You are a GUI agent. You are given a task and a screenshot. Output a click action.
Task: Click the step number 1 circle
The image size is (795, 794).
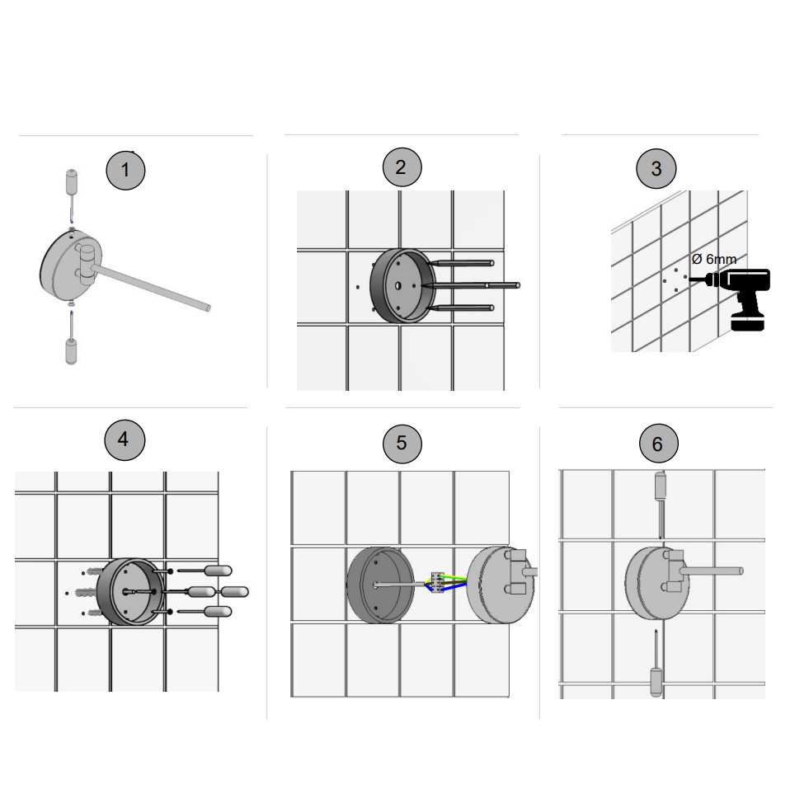click(x=125, y=171)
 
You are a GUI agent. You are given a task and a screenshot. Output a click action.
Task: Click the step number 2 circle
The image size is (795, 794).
click(x=402, y=167)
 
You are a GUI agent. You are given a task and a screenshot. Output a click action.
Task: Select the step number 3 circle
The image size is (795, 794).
click(x=656, y=168)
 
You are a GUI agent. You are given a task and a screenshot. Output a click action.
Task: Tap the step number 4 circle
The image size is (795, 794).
click(x=125, y=439)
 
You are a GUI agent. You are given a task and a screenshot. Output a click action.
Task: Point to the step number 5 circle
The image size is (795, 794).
click(x=402, y=444)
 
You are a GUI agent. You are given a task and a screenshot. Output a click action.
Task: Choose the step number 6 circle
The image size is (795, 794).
click(x=658, y=444)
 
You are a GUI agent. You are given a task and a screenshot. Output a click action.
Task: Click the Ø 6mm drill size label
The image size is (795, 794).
click(x=714, y=260)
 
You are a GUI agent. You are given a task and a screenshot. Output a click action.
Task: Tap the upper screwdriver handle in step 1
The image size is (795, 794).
click(x=72, y=181)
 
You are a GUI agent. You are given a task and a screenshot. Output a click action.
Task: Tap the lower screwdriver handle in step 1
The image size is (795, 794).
click(x=72, y=351)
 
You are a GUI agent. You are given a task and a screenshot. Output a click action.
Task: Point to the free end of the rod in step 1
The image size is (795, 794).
click(x=208, y=308)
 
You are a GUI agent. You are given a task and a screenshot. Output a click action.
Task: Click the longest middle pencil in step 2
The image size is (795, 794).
click(x=471, y=286)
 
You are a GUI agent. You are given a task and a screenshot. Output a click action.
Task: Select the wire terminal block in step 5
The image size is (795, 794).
click(x=437, y=583)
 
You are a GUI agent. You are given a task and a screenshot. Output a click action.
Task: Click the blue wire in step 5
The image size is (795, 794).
click(x=452, y=587)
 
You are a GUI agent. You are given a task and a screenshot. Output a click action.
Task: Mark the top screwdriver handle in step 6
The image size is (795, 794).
click(x=660, y=486)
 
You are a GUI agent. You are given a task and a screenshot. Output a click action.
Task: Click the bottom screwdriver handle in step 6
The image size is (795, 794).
click(x=656, y=683)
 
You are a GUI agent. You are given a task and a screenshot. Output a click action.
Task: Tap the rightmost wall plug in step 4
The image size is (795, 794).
click(x=234, y=592)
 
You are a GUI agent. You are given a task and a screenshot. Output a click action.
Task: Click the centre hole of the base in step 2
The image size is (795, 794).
click(x=398, y=286)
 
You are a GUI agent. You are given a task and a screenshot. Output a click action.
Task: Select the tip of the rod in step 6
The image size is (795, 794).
click(x=741, y=571)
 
